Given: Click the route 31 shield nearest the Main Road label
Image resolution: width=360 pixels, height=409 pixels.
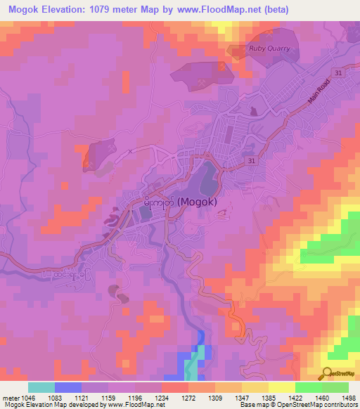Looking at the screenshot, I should pos(339,72).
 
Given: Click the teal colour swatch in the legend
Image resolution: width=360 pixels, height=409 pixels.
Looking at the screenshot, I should pos(41,387).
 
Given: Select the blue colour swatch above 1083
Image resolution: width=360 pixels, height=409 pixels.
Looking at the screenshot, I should pos(68,387).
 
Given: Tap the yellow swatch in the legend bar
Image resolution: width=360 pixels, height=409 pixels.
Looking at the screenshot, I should pos(281,387).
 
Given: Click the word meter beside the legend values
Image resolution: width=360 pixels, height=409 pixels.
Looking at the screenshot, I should pos(11,397).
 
